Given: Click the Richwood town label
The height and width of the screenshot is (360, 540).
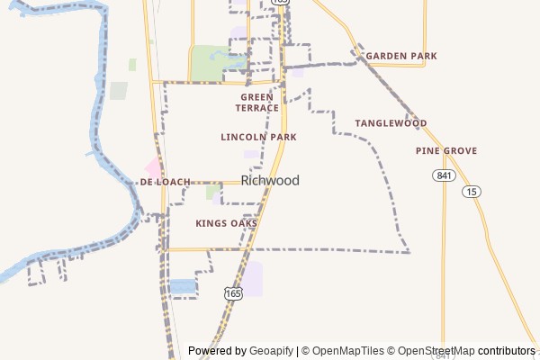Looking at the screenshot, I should point(270,181).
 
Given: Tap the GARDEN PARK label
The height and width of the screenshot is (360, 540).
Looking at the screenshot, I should point(400,56).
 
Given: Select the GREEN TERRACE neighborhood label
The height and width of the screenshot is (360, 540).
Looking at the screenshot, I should point(258,102).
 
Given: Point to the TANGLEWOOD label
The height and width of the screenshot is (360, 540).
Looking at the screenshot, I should point(391,122).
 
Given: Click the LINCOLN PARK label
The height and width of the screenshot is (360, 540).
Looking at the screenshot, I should point(258,137).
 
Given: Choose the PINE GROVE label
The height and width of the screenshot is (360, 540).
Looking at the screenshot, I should point(446,150).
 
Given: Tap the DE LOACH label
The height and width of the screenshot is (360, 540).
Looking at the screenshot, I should point(166,182).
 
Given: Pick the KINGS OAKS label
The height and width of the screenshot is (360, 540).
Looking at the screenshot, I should point(227,222).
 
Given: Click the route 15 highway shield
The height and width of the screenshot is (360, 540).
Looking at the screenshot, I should point(472,191).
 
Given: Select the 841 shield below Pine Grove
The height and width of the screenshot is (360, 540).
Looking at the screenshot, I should point(442,175).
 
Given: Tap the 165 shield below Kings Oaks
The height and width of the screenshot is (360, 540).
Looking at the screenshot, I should point(233,293).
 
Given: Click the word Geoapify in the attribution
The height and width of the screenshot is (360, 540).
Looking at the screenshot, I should point(272,351).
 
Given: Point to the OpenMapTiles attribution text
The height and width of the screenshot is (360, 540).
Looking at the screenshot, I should point(347,351).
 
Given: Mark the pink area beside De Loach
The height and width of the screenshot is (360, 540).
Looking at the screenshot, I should point(154,167).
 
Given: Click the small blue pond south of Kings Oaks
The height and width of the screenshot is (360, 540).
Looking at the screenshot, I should point(183,286).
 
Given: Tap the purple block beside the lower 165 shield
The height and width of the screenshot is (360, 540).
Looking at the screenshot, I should point(253,278).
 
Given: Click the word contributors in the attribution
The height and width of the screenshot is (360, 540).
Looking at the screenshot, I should point(507,351).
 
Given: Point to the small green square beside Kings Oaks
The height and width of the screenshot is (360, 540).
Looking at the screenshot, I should point(213,192).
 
